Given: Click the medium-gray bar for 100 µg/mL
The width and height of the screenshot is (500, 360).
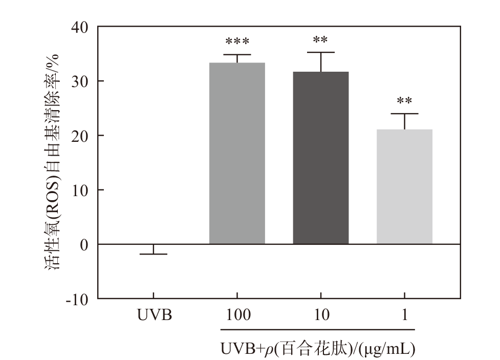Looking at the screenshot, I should pyautogui.click(x=237, y=153).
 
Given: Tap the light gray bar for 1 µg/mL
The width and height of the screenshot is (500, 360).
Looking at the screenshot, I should pyautogui.click(x=404, y=186).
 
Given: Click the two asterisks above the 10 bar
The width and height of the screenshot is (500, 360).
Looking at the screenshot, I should pyautogui.click(x=321, y=40).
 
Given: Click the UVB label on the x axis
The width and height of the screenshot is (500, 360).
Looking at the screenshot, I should pyautogui.click(x=154, y=314).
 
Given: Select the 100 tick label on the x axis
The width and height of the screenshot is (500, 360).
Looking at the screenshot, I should pyautogui.click(x=237, y=314).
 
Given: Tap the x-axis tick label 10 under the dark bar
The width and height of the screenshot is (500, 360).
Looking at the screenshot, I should pyautogui.click(x=321, y=314).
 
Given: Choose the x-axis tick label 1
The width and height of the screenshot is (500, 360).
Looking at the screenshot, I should pyautogui.click(x=405, y=314).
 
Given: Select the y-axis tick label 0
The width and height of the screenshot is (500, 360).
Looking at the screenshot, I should pyautogui.click(x=84, y=245).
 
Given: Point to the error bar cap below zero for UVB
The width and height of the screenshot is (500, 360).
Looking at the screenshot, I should pyautogui.click(x=154, y=254).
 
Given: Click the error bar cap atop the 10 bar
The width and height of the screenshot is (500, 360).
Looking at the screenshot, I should pyautogui.click(x=321, y=52).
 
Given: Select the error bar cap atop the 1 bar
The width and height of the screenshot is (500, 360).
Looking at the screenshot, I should pyautogui.click(x=404, y=114).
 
